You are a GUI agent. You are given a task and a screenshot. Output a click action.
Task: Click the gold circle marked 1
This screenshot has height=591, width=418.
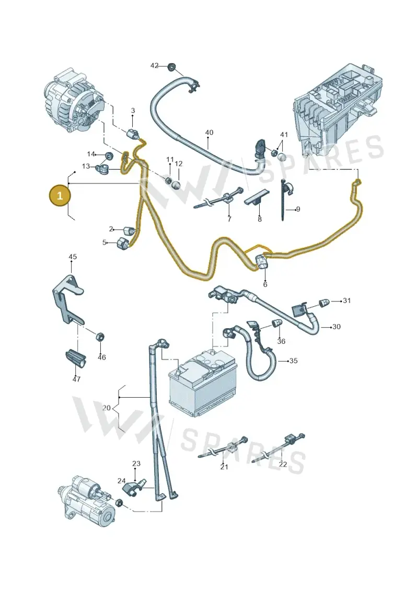coord(60,195)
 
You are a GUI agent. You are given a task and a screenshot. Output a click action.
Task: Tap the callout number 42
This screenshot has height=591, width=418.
coord(155,66)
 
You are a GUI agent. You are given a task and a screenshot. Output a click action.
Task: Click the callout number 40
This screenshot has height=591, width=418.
coord(209,132)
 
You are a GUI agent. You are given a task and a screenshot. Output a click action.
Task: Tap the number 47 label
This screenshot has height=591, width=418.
coord(76,379)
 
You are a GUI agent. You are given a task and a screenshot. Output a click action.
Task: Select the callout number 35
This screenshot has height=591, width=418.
coord(293,361)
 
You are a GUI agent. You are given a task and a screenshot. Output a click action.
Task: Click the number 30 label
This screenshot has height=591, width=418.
coord(336,327)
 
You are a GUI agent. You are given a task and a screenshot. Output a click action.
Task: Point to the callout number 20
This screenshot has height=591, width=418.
coord(107,408)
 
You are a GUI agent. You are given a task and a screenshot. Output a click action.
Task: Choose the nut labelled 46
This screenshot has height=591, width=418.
coord(100,336)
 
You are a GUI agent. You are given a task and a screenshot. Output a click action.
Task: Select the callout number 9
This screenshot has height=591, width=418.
coord(298,209)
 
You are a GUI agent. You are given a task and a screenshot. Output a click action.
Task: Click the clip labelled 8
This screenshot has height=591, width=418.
coord(258,198)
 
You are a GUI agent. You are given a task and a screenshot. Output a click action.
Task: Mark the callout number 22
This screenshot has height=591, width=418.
coord(283,465)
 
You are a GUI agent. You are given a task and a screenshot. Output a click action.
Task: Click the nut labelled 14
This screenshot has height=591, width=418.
coord(109,155)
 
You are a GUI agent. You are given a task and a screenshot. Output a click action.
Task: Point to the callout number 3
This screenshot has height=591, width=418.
coord(133,111)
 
